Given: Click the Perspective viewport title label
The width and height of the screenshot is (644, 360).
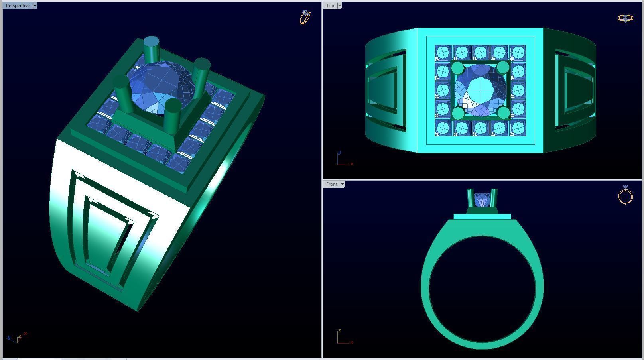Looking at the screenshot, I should (x=18, y=6).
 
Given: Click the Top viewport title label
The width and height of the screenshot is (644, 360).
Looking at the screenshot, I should (x=330, y=6).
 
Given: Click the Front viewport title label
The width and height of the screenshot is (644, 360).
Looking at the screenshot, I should (x=331, y=184).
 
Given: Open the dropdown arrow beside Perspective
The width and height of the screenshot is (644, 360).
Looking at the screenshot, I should (x=35, y=6).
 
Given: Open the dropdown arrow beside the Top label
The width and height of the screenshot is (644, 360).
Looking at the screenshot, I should (x=339, y=6).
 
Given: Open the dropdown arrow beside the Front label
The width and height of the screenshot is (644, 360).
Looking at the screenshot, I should (x=343, y=184).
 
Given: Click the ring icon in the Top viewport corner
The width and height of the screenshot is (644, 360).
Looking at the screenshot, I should (x=625, y=18).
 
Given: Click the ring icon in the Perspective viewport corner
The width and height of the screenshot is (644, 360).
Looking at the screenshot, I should (x=305, y=17).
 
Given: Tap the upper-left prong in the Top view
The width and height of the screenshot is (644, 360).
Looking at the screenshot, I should (x=457, y=68).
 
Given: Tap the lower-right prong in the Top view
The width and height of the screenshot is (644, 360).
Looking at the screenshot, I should (x=504, y=113).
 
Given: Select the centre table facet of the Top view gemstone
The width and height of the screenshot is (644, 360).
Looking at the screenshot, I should (x=480, y=90).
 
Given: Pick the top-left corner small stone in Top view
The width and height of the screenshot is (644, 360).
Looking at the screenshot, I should (x=442, y=53).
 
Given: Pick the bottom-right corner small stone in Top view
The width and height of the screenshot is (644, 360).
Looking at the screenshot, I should (x=518, y=128).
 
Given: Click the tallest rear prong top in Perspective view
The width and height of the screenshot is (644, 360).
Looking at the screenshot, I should (x=151, y=42).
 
